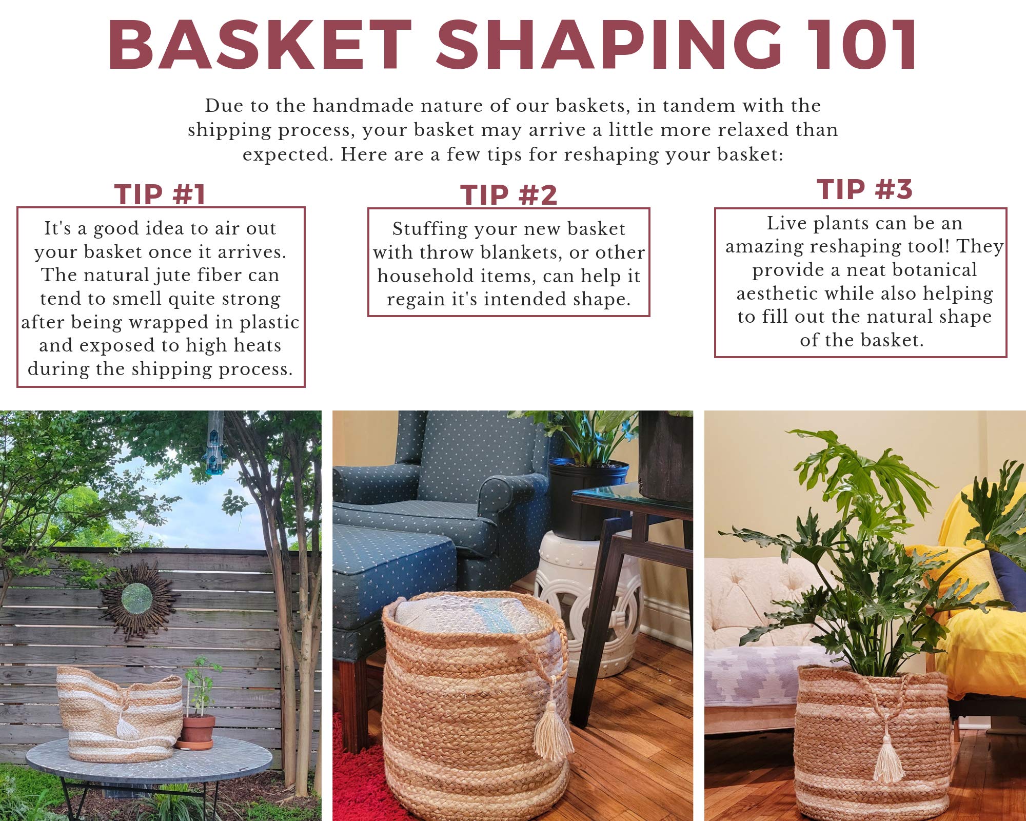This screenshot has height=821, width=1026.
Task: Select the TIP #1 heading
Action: (x=160, y=194)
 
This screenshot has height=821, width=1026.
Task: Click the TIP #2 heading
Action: (x=508, y=196)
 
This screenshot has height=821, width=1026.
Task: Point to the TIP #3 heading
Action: (x=864, y=189)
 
